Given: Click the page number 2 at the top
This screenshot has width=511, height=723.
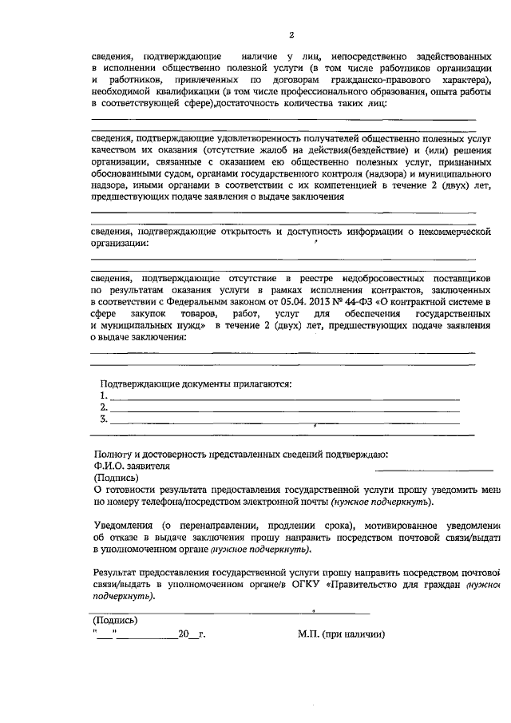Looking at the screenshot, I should [292, 35].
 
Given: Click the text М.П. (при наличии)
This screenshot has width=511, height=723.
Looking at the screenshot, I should [341, 635].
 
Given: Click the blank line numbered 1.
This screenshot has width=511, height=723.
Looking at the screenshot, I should [283, 396].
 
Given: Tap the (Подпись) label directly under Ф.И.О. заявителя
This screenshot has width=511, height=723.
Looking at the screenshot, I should [116, 478].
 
